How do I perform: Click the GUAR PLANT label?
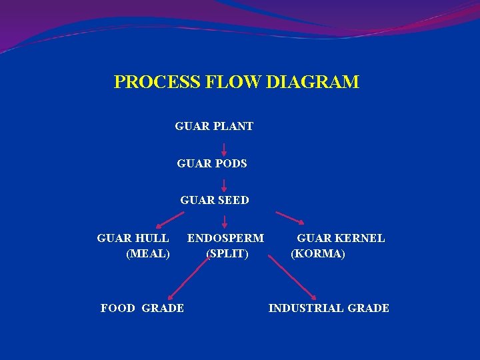[x=214, y=126]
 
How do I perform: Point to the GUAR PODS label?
[x=212, y=163]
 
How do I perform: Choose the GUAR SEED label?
[x=215, y=200]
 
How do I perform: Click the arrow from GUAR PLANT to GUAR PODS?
[x=223, y=148]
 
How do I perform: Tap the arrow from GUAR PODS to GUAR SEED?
[x=223, y=185]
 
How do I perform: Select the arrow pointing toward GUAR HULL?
[x=170, y=220]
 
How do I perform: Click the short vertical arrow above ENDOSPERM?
[x=223, y=221]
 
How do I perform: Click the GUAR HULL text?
[x=133, y=238]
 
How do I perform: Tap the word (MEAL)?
[x=147, y=254]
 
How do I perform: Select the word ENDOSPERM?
[x=225, y=238]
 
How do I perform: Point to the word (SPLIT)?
[x=227, y=254]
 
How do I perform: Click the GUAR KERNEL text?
[x=341, y=238]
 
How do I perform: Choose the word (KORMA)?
[x=318, y=254]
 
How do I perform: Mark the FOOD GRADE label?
[x=142, y=308]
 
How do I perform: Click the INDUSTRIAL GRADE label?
[x=329, y=308]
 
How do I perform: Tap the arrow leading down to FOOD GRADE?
[x=187, y=279]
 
